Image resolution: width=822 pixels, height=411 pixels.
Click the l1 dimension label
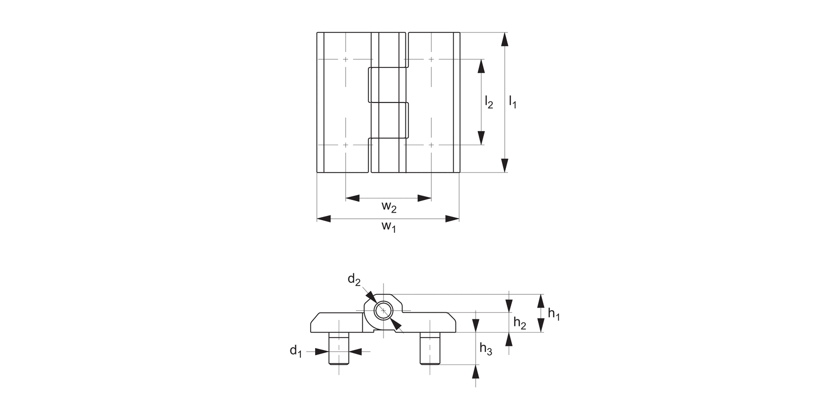512,101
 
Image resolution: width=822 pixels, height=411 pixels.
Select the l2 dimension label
489,101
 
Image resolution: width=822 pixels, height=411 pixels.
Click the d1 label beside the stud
296,351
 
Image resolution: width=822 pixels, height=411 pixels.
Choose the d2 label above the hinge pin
354,280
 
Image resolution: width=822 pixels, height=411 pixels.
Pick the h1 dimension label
553,315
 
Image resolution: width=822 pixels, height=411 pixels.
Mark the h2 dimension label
520,323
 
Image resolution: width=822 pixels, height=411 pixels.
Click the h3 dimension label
486,349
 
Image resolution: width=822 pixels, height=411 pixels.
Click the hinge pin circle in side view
384,311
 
